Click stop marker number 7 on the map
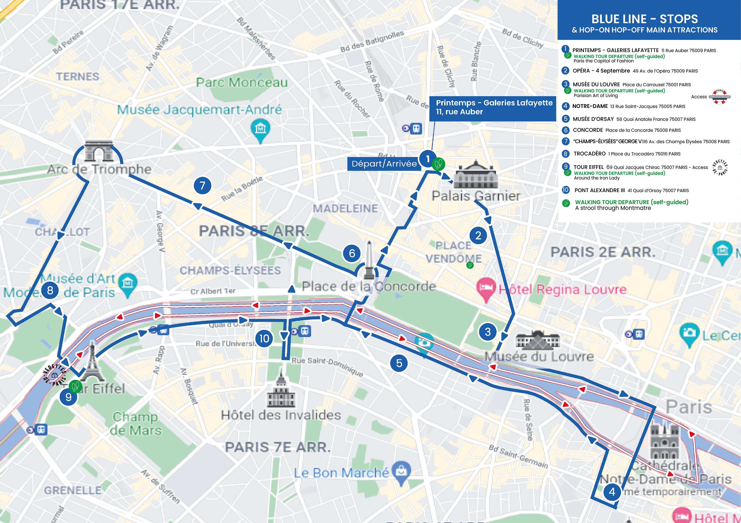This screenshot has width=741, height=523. [202, 186]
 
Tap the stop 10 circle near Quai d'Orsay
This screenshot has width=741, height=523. [264, 338]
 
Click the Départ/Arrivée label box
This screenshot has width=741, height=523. [384, 164]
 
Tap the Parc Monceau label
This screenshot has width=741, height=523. [242, 82]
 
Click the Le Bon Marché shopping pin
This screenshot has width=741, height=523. [401, 472]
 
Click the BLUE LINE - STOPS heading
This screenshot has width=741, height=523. [644, 19]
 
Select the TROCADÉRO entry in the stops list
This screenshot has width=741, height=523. [589, 154]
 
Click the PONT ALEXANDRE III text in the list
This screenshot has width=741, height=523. [599, 190]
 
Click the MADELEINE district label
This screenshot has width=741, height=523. [345, 209]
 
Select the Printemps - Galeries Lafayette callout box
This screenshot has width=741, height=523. [493, 108]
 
